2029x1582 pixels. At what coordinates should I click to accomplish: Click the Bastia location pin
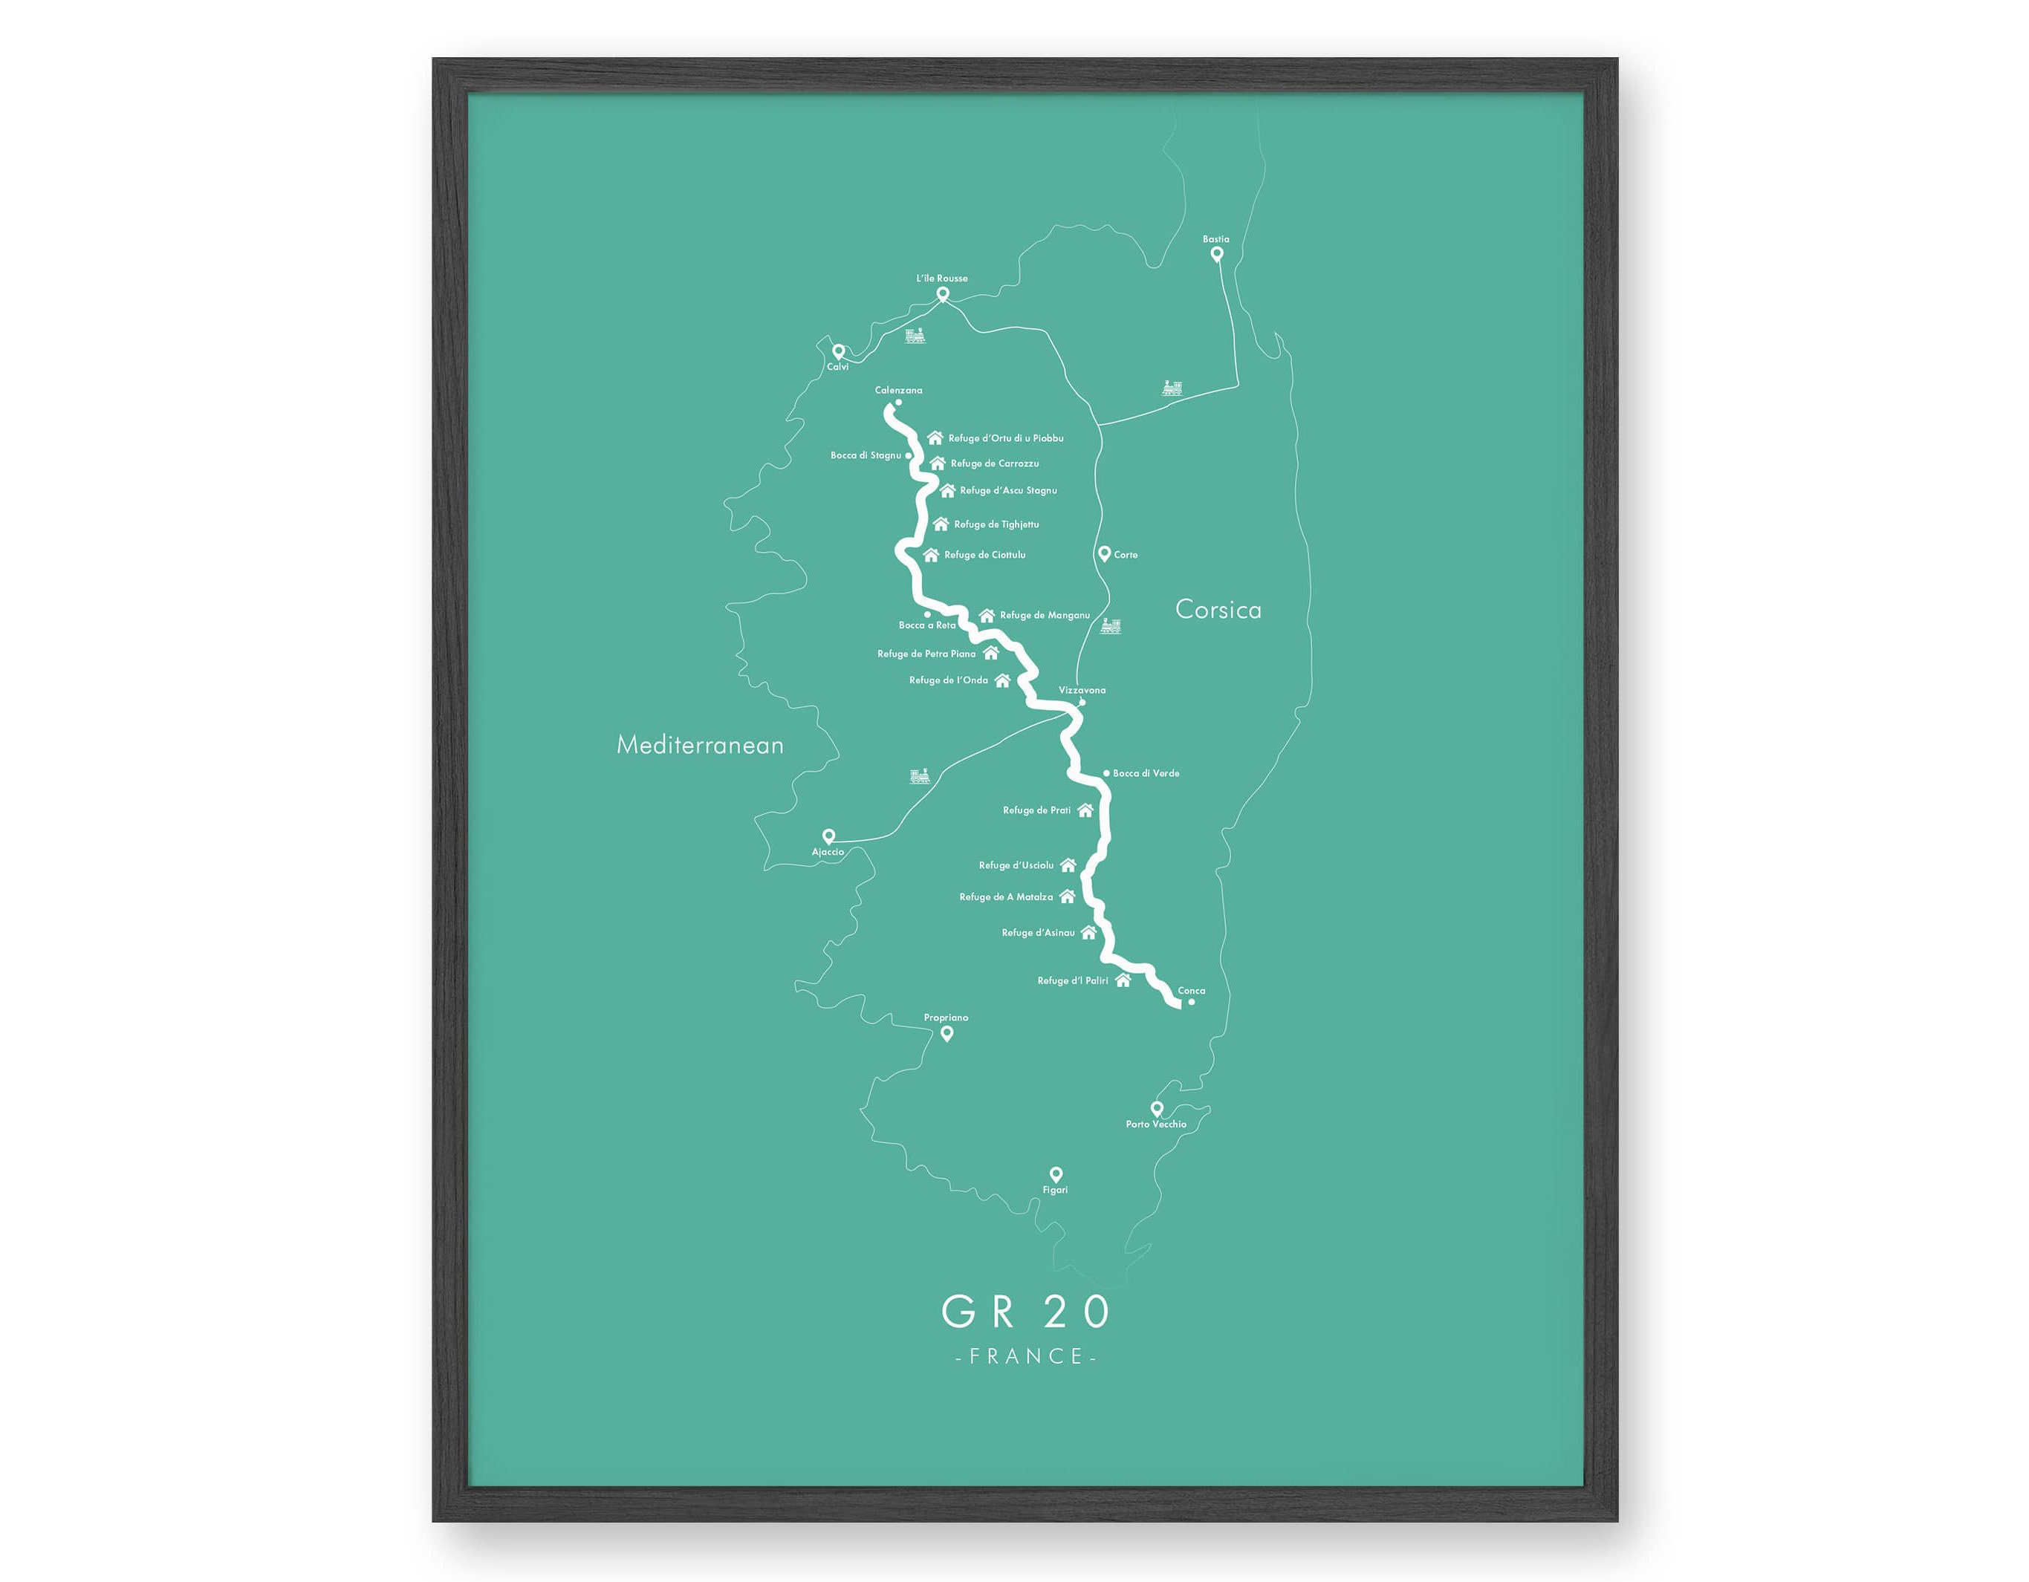[1216, 253]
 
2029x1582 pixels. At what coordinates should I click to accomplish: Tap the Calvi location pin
[838, 351]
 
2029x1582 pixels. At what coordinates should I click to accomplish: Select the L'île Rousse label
[942, 278]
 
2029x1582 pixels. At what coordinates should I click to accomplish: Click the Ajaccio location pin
[828, 836]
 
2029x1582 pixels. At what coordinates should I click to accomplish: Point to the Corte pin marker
[1104, 553]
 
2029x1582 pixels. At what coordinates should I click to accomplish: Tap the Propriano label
[946, 1018]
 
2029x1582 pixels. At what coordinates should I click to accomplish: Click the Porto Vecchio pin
[1157, 1107]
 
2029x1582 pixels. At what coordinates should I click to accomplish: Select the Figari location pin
[1056, 1174]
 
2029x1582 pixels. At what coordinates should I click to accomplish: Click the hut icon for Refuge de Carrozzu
[938, 463]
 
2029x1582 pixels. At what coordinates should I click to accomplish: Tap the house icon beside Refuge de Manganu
[987, 615]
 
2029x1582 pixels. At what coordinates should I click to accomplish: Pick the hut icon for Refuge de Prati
[1085, 810]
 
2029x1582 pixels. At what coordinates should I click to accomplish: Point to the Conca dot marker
[1191, 1001]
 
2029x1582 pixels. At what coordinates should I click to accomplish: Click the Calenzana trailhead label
[898, 390]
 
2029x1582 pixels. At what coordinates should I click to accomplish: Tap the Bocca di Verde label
[1146, 773]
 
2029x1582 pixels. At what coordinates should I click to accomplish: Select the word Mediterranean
[700, 745]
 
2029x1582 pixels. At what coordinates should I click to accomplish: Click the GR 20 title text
[1026, 1311]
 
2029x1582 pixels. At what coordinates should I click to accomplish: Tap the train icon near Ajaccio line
[920, 775]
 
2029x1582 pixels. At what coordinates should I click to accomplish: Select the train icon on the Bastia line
[1172, 388]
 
